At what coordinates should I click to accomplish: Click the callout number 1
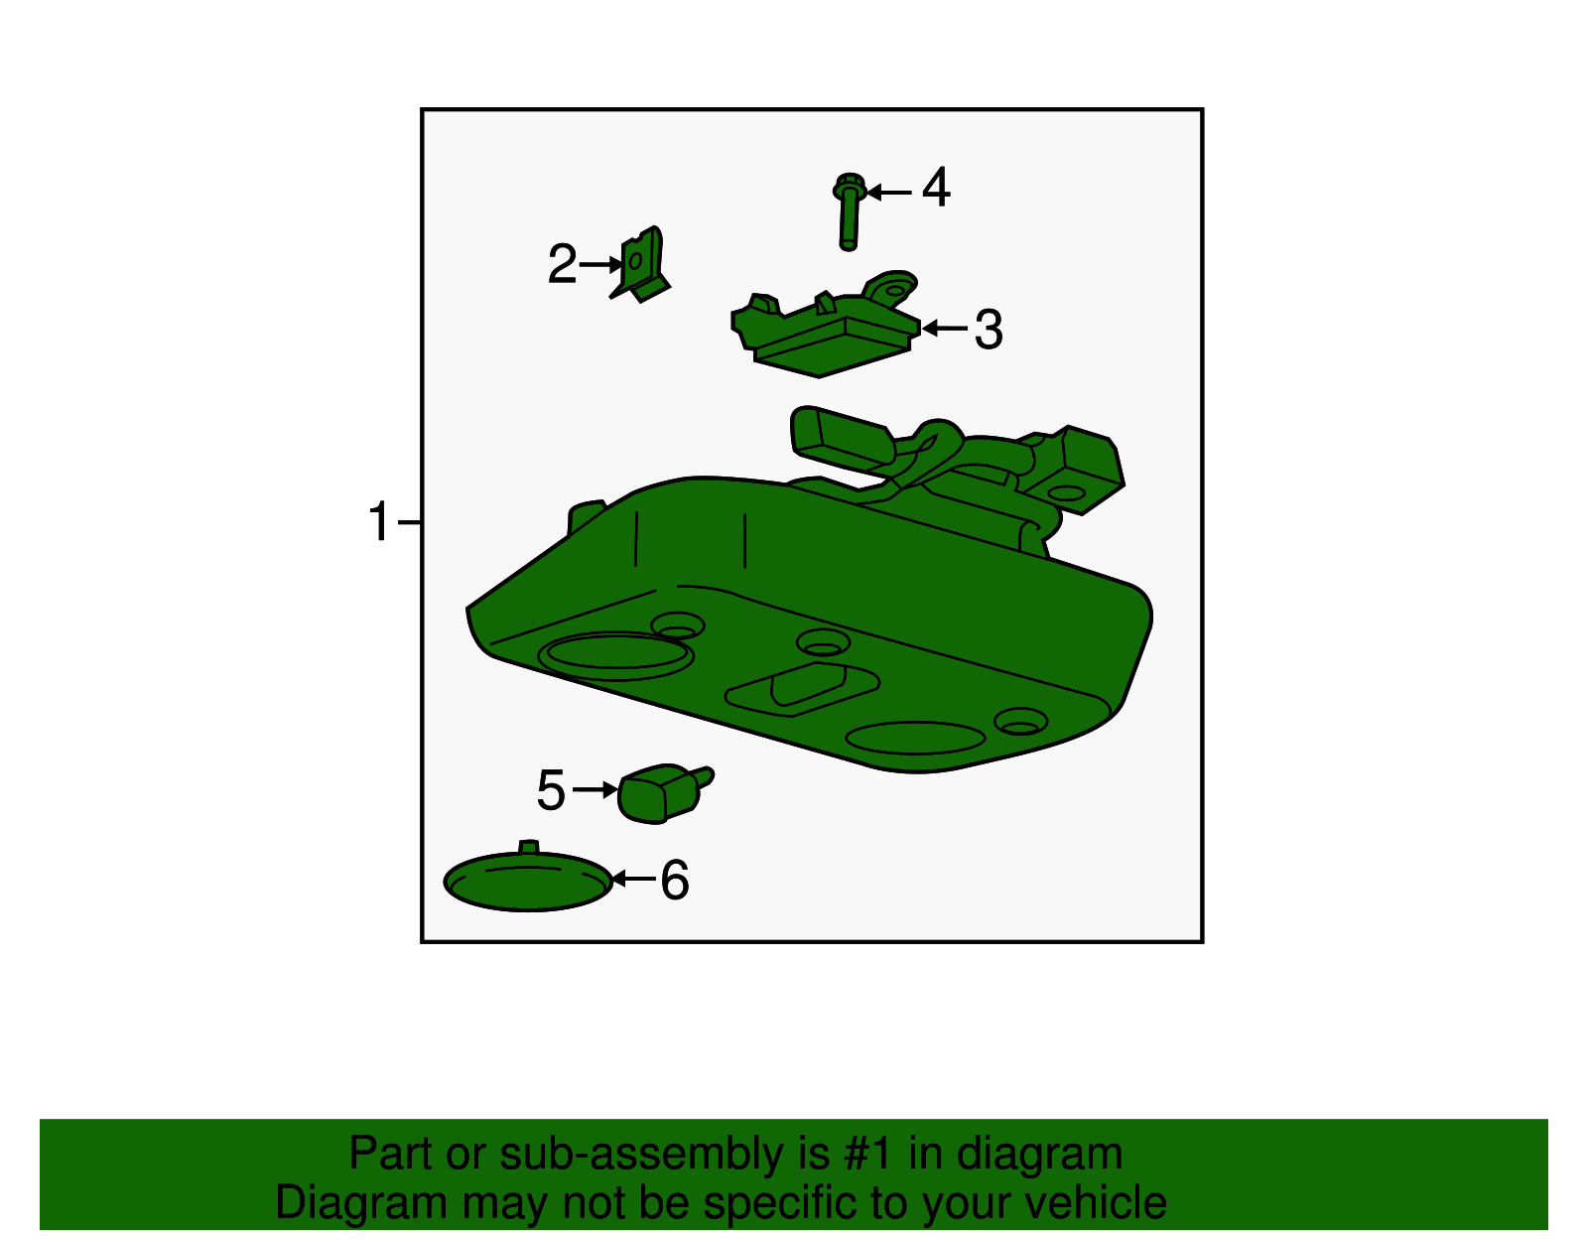coord(378,522)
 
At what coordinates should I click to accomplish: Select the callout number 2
coord(562,264)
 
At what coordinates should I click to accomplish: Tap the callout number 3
coord(989,329)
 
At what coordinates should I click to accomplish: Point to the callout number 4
coord(936,187)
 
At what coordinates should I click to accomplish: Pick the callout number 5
coord(551,790)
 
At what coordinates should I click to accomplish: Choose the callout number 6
coord(675,879)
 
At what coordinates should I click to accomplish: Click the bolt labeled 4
coord(850,211)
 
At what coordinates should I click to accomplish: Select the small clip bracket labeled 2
coord(640,264)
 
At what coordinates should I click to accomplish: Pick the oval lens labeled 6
coord(528,878)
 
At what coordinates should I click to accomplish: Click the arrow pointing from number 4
coord(889,193)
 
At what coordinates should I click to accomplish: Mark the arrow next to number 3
coord(944,328)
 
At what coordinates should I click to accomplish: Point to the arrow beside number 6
coord(633,879)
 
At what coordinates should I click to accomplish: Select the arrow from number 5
coord(595,790)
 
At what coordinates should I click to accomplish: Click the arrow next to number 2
coord(601,264)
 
